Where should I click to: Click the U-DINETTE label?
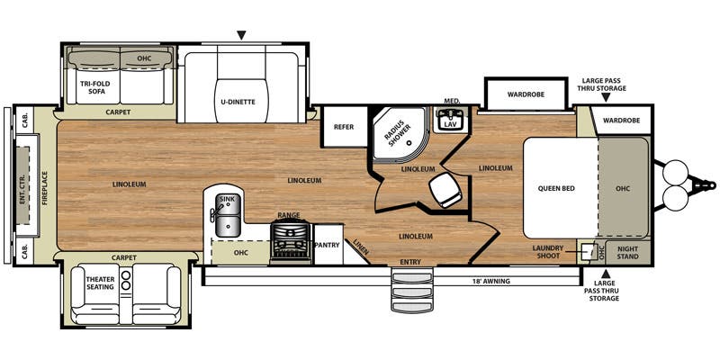[241, 102]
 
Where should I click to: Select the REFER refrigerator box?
[344, 127]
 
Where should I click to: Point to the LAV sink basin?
[449, 121]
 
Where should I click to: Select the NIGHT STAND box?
[628, 253]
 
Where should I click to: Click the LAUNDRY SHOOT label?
[548, 252]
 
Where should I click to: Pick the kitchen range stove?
[291, 242]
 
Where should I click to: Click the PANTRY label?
[328, 245]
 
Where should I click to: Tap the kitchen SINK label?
[227, 199]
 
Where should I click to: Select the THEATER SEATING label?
[101, 283]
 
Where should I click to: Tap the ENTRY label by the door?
[410, 262]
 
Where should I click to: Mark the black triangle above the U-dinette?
[241, 35]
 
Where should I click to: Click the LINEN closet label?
[361, 247]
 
